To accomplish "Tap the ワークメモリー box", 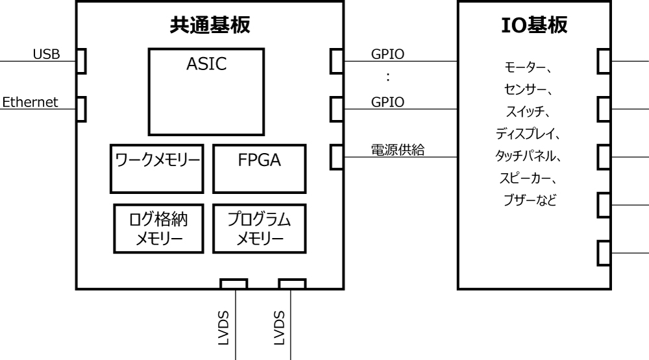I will tap(155, 169).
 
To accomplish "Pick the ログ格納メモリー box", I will tap(155, 229).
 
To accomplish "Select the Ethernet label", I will tap(32, 102).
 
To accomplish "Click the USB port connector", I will tap(81, 62).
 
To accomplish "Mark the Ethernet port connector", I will tap(81, 108).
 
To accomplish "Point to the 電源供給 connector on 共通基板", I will tap(336, 156).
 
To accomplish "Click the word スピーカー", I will tap(522, 178).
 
